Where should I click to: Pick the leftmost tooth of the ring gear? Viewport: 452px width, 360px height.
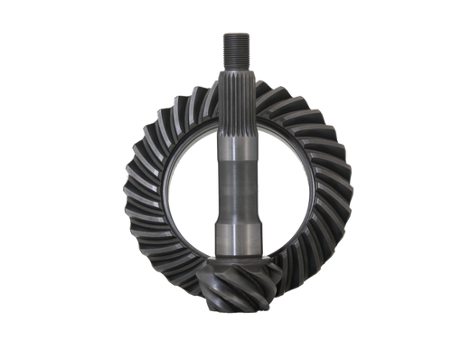[x=127, y=194]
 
